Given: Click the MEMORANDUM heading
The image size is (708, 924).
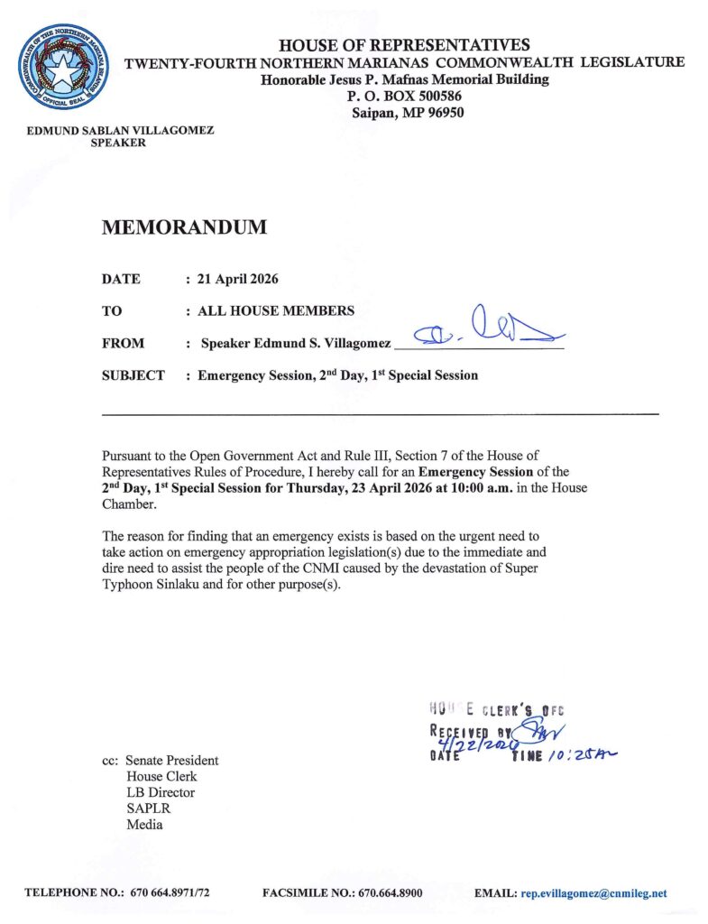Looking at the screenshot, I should tap(184, 227).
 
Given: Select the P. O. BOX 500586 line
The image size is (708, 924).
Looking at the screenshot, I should tap(404, 97).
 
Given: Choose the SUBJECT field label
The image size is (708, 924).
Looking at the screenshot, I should tap(133, 375).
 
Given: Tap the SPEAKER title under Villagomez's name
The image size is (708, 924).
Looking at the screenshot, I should tap(119, 143).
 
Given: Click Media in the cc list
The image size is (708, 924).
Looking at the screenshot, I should tap(144, 825).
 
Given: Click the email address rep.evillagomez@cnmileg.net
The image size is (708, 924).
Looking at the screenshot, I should tap(593, 893).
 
